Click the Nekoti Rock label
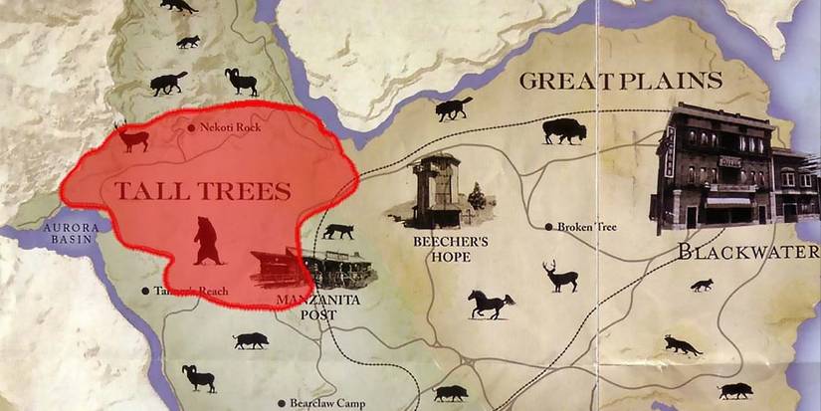click(230, 127)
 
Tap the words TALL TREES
click(203, 191)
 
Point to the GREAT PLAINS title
click(620, 82)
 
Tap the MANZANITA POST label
click(317, 307)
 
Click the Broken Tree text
click(588, 227)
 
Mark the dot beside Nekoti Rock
click(191, 127)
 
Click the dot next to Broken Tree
click(548, 227)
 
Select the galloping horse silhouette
click(490, 303)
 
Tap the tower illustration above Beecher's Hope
click(438, 188)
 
